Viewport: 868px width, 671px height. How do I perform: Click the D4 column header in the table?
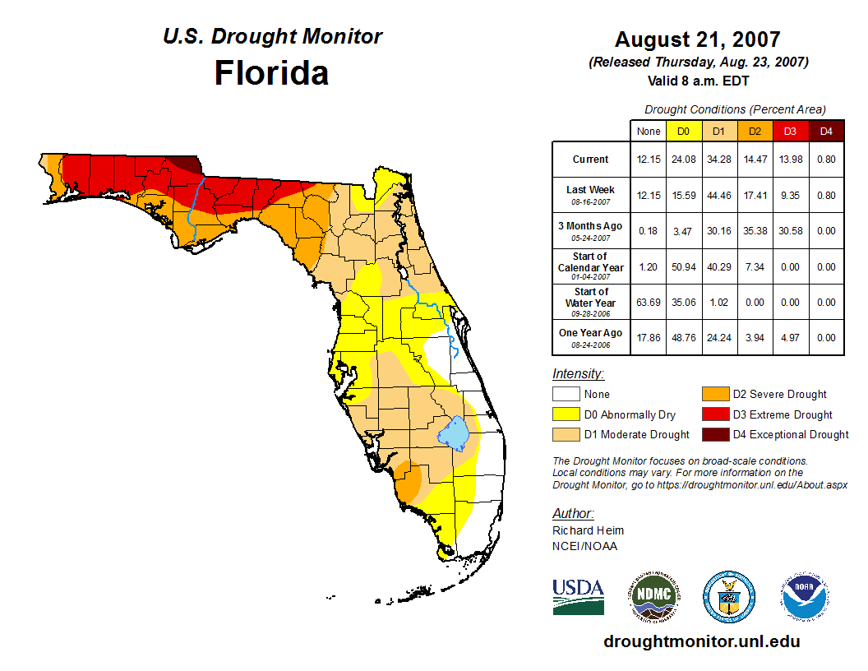826,131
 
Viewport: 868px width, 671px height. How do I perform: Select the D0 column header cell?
683,131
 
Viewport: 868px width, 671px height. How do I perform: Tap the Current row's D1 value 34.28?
718,160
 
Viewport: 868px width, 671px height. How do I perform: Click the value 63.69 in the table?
649,303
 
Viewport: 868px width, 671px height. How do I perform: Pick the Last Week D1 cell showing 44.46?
718,196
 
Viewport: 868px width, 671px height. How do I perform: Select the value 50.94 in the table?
683,267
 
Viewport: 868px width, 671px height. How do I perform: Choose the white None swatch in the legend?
566,395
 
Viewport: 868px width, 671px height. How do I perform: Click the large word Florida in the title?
271,73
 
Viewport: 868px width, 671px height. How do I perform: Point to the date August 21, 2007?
698,39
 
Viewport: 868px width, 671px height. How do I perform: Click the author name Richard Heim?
588,530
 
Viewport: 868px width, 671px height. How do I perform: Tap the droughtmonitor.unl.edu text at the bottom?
701,641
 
